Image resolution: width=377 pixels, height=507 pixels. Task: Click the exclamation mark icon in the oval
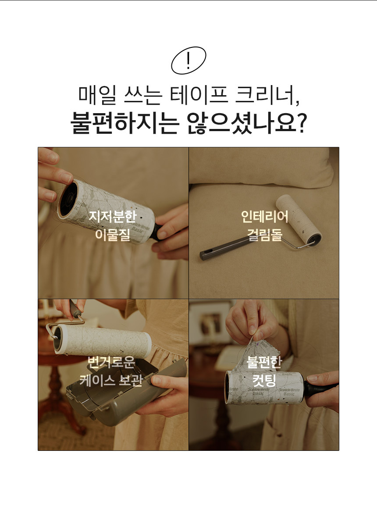(x=188, y=61)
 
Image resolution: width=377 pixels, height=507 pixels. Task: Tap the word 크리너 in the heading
(x=267, y=95)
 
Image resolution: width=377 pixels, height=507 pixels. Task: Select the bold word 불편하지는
(x=124, y=123)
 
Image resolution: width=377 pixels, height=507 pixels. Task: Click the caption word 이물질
(x=113, y=234)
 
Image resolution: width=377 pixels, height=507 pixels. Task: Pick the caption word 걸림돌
(x=265, y=234)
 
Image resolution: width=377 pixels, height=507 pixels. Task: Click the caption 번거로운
(x=111, y=362)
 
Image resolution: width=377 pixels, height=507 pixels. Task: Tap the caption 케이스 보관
(x=111, y=380)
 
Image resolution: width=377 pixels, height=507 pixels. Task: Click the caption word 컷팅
(x=264, y=380)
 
